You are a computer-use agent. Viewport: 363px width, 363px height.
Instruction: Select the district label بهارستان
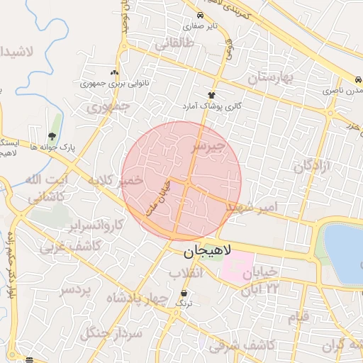(x=280, y=76)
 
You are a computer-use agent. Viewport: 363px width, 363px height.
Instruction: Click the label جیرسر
(x=208, y=147)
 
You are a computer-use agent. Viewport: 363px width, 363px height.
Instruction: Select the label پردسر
(x=76, y=289)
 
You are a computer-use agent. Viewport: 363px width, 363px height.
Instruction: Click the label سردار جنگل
(x=111, y=333)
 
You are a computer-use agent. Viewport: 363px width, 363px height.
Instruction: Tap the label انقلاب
(x=187, y=273)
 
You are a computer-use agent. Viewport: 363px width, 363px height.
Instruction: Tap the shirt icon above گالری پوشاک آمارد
(x=211, y=95)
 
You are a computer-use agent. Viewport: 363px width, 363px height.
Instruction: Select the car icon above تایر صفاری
(x=201, y=16)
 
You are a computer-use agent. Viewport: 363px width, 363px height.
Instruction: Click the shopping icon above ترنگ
(x=184, y=293)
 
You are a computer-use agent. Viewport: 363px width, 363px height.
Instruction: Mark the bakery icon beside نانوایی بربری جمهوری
(x=114, y=72)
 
